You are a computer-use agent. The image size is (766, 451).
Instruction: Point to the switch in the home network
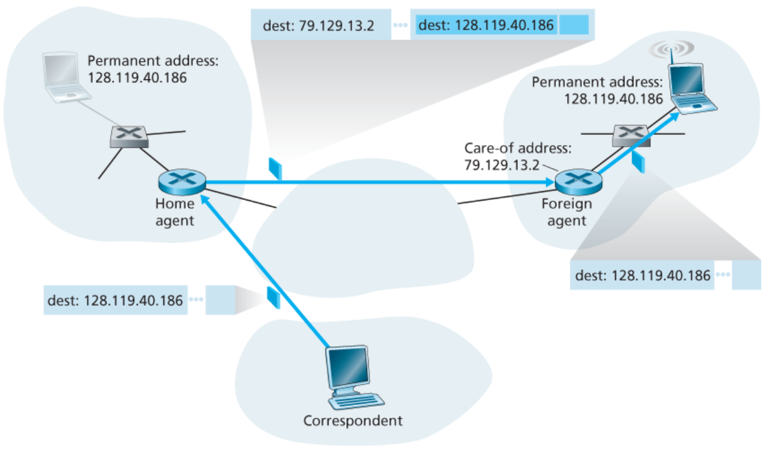tap(129, 136)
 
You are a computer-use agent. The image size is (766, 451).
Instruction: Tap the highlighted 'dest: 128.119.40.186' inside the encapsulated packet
tap(485, 25)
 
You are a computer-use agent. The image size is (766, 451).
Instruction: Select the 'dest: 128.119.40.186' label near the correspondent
tap(114, 300)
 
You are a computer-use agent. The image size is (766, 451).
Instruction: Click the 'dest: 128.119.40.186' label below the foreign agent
tap(642, 275)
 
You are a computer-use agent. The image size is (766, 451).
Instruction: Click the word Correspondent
tap(353, 421)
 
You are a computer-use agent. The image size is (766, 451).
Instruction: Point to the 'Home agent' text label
tap(175, 212)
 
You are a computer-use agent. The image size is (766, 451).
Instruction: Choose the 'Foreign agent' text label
tap(567, 212)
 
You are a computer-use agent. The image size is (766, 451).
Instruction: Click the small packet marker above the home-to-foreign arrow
tap(275, 168)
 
